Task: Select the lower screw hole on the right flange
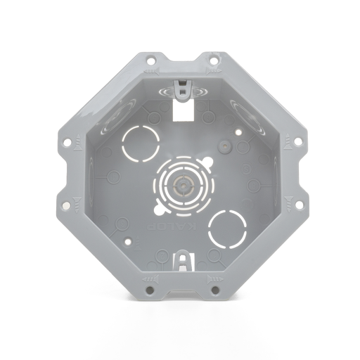pos(298,205)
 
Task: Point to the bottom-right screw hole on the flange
pos(212,289)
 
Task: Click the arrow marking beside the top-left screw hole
pos(150,72)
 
